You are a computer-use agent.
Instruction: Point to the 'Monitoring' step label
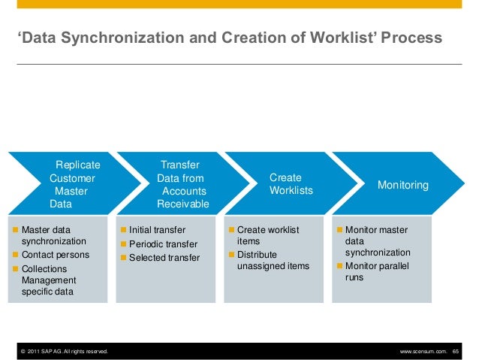click(x=402, y=184)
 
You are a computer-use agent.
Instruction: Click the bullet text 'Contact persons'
click(x=56, y=255)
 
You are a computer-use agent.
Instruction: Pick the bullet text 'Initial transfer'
click(x=157, y=230)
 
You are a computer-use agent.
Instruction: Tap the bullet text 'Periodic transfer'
click(x=163, y=244)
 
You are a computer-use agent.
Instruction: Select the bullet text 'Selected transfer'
click(x=164, y=258)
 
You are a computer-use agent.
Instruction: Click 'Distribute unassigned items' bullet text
click(x=273, y=260)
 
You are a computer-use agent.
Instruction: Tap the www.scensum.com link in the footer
click(x=423, y=351)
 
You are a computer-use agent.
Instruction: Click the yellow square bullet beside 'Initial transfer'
click(x=123, y=230)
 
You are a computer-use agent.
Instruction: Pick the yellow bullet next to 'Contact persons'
click(x=16, y=255)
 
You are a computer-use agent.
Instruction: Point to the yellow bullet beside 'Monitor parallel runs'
click(x=339, y=266)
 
